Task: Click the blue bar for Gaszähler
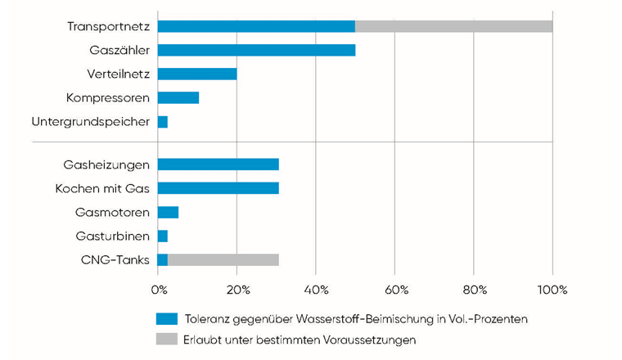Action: coord(256,50)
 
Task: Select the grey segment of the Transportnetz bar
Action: coord(453,26)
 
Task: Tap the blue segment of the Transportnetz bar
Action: coord(256,26)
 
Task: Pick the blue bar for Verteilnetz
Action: coord(197,74)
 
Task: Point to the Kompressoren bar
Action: coord(178,98)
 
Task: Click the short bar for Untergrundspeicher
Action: coord(163,122)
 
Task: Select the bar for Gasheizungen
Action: coord(218,164)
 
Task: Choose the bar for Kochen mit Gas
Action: coord(218,188)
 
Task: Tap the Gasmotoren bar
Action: coord(168,213)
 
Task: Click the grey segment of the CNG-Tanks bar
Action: coord(223,260)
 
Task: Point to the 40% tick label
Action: coord(316,290)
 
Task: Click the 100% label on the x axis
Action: coord(552,290)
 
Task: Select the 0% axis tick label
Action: coord(160,290)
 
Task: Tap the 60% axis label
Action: coord(394,290)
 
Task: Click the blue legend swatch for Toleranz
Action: coord(167,317)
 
